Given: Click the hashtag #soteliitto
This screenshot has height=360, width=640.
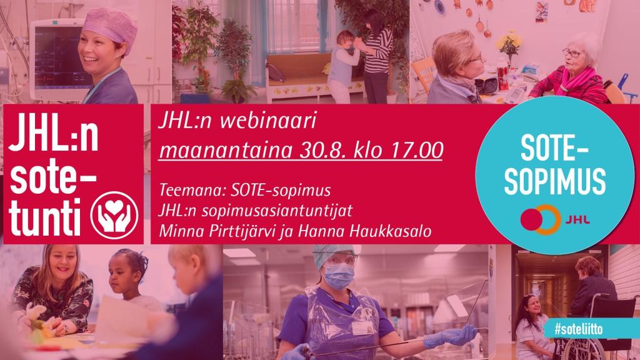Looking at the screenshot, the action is pos(578,329).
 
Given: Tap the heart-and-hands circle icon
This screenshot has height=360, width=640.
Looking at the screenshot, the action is pos(114,216).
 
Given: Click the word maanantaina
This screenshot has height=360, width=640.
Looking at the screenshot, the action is pos(226,150).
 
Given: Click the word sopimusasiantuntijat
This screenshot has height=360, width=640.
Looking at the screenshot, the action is pos(277,211).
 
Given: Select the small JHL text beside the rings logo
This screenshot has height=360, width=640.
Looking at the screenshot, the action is pos(577,220).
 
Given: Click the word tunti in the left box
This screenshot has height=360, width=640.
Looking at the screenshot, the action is pos(44,218).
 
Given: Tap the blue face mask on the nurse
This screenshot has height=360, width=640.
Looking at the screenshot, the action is pos(339,276).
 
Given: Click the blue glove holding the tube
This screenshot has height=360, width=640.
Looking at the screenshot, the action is pos(451,336).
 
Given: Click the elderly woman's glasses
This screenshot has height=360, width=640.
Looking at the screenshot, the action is pos(571,53).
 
